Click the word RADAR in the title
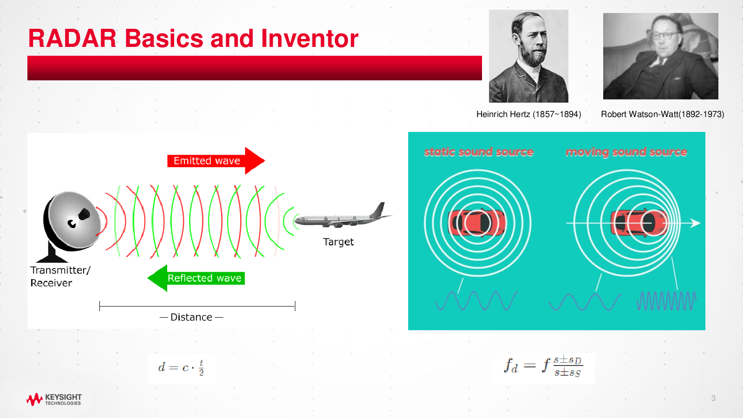point(72,39)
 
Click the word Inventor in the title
point(309,39)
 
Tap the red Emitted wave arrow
point(216,161)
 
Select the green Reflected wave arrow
point(196,278)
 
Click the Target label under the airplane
point(339,242)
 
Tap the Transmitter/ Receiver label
point(60,276)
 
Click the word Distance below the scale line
point(191,317)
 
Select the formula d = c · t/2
point(182,367)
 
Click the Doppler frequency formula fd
point(544,366)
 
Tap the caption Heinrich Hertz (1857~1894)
point(529,114)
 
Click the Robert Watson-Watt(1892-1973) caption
point(662,114)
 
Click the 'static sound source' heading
point(479,151)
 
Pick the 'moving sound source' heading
point(626,152)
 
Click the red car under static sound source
point(477,222)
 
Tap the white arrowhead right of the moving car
point(695,223)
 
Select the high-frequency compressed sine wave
point(666,301)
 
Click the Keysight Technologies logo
point(54,399)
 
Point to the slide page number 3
point(713,398)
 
